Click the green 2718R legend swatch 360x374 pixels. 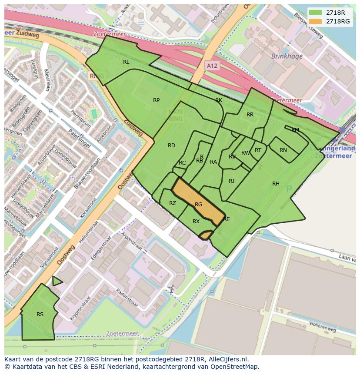(x=316, y=13)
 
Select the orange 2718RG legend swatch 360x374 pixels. (x=316, y=21)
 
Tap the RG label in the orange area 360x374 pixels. (x=199, y=205)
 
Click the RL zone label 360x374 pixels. (x=126, y=62)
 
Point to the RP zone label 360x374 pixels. (x=156, y=100)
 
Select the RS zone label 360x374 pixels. (x=40, y=314)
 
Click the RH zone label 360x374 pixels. (x=276, y=184)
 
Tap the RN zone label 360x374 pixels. (x=283, y=150)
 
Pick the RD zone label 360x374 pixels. (x=171, y=146)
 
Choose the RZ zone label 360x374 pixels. (x=173, y=203)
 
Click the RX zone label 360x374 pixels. (x=196, y=222)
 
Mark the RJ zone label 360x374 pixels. (x=231, y=181)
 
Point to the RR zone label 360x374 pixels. (x=250, y=115)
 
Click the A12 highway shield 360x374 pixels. (x=212, y=66)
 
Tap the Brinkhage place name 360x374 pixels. (x=287, y=56)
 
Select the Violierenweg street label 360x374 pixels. (x=323, y=326)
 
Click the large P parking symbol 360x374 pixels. (x=289, y=189)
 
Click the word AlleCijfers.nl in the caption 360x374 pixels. (x=227, y=359)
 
